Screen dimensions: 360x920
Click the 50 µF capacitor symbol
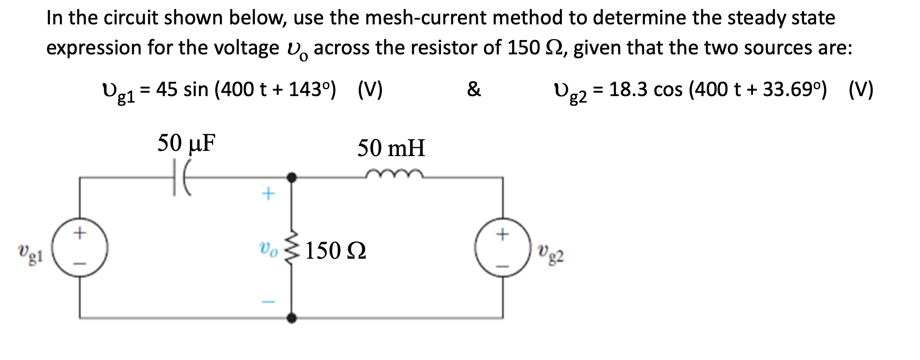(181, 177)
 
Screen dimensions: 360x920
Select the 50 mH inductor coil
(394, 175)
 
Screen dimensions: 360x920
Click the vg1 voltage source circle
(80, 248)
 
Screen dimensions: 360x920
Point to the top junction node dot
(292, 177)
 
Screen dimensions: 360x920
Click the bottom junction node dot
(292, 318)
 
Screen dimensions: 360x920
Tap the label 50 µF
(187, 143)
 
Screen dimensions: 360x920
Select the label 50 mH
(391, 148)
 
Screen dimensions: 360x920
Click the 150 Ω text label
(336, 251)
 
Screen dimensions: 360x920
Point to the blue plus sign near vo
(268, 193)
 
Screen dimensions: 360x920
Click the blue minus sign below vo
(268, 301)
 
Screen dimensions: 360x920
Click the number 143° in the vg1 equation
(311, 90)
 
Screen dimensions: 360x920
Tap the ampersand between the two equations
(473, 90)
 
